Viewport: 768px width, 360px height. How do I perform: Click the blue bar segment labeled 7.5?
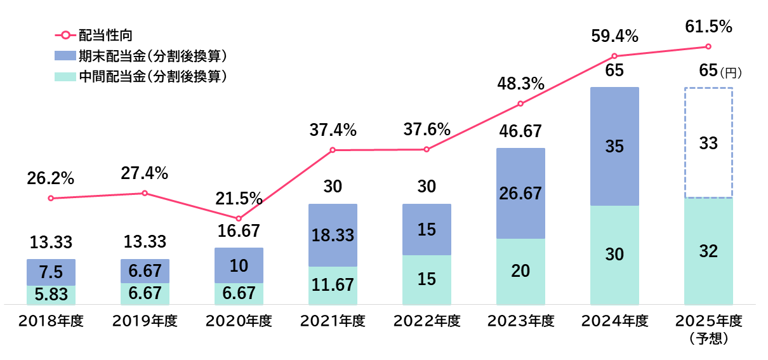coord(51,272)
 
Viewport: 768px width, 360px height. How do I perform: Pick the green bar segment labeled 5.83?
coord(51,295)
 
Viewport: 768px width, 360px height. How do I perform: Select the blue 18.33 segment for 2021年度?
coord(333,235)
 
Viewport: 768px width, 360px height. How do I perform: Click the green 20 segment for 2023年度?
coord(520,271)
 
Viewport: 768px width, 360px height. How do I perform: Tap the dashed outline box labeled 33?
coord(708,143)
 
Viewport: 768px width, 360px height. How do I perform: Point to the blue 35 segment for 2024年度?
coord(614,147)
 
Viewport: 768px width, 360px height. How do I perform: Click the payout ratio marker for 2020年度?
coord(239,218)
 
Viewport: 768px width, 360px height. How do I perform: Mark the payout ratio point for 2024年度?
coord(614,56)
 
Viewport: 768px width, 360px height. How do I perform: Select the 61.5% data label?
coord(708,27)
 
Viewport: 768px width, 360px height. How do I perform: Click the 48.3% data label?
coord(520,83)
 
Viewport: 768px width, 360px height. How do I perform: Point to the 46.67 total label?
coord(520,131)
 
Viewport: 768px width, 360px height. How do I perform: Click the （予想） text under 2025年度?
coord(708,338)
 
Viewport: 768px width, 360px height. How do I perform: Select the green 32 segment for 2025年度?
coord(708,251)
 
